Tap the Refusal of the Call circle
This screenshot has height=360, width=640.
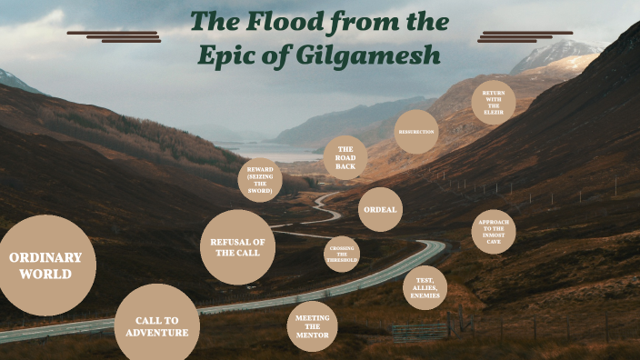point(237,246)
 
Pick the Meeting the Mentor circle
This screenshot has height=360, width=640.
point(313,326)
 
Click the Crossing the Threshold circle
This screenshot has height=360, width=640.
point(342,255)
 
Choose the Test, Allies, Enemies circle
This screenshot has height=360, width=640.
point(425,288)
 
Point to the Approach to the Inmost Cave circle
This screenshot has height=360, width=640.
point(494,232)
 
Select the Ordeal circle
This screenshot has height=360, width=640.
point(380,209)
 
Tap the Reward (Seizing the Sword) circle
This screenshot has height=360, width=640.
point(260,179)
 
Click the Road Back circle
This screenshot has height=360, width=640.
point(345,157)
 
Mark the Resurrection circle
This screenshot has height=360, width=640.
point(416,132)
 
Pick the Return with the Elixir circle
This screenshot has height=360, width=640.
point(494,102)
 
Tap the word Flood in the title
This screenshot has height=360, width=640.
point(282,20)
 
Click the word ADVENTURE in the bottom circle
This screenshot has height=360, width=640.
point(157,333)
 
